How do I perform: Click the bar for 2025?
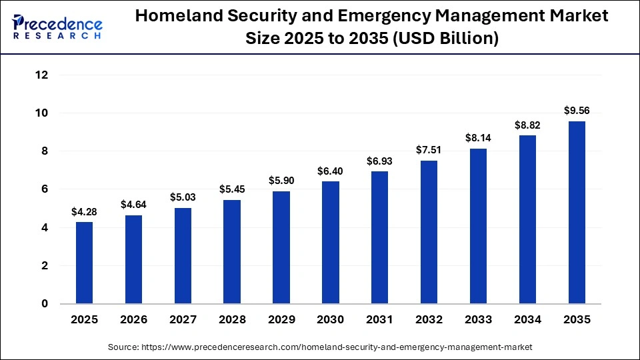pos(84,263)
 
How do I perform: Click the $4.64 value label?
pos(133,205)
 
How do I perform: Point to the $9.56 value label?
pos(576,111)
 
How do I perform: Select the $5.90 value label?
pos(281,181)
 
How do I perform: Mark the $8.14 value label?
pos(478,138)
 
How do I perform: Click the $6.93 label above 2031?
pos(379,161)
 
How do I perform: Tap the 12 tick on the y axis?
pos(41,75)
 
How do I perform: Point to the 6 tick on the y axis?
pos(45,189)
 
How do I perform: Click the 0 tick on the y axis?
pos(45,304)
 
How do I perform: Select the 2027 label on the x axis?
pos(183,320)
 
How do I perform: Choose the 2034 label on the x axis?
pos(527,320)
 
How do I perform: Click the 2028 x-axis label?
pos(232,320)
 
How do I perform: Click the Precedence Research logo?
pos(57,27)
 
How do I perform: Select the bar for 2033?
pos(478,226)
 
